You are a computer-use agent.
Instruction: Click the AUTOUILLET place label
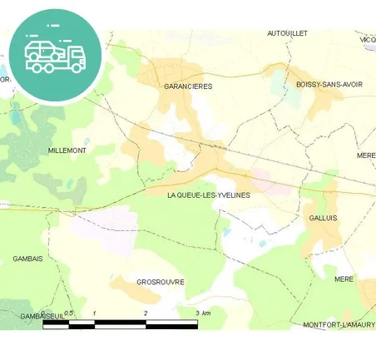click(287, 33)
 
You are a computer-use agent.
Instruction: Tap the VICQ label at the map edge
click(367, 39)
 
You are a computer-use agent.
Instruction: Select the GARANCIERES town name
click(188, 86)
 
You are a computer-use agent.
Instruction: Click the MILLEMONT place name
click(67, 150)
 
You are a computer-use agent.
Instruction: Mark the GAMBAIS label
click(27, 259)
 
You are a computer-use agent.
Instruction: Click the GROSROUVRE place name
click(160, 282)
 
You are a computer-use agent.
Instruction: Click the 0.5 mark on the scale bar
click(70, 313)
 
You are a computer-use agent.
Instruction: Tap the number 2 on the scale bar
click(146, 313)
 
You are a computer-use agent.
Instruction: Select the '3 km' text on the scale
click(202, 313)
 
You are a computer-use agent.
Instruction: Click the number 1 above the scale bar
click(95, 313)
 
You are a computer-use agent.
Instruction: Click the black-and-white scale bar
click(120, 323)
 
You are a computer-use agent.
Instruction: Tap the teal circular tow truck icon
click(57, 55)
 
